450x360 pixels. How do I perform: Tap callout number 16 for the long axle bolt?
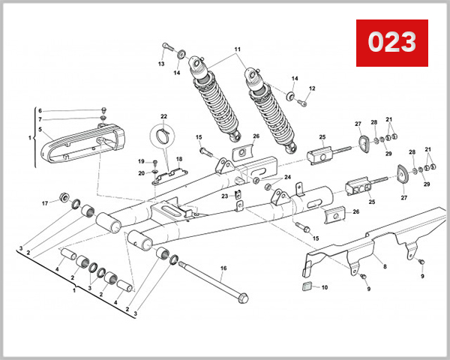coord(223,268)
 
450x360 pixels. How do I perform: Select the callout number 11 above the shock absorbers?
coord(238,50)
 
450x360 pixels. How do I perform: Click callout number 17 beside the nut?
coord(44,203)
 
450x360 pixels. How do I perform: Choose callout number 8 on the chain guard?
coord(385,265)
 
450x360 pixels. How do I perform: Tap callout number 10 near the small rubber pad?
coord(325,287)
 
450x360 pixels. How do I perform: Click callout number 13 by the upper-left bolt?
coord(160,64)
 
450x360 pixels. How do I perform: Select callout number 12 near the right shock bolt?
coord(312,88)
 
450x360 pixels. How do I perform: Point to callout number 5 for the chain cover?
coord(40,129)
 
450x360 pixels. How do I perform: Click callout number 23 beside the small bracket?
coord(224,196)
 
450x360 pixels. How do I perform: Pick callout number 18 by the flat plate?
coord(179,159)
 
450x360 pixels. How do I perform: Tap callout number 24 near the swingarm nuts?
coord(287,177)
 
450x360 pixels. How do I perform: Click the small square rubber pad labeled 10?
coord(306,286)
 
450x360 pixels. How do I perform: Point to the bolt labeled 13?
coord(165,50)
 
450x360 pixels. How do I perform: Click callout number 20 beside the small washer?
coord(141,173)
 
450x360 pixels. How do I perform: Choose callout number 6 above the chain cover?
coord(40,110)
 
